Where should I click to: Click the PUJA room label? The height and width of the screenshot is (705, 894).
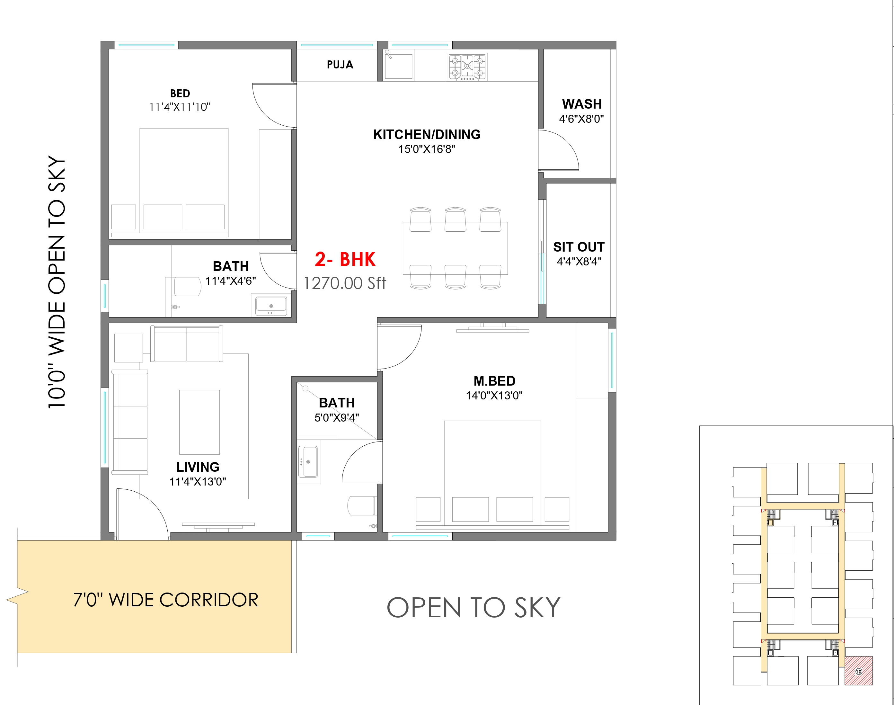(340, 65)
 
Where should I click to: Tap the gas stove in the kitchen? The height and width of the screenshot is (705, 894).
(467, 66)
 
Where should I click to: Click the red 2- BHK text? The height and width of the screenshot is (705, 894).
(345, 260)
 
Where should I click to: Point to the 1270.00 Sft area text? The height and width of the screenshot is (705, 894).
(345, 283)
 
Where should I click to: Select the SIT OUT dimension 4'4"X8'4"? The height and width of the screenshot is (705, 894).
(579, 261)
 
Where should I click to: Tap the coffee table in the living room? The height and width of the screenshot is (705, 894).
(199, 422)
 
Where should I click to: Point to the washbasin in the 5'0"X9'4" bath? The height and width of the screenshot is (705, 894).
(308, 461)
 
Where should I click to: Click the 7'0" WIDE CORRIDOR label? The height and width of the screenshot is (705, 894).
(166, 600)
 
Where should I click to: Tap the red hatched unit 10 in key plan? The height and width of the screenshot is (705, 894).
(859, 671)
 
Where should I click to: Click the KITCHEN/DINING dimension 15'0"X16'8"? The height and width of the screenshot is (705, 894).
(427, 149)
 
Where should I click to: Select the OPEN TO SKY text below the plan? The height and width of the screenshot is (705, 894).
(474, 608)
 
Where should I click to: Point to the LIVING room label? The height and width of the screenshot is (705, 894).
(198, 467)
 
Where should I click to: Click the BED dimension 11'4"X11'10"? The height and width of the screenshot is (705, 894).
(180, 107)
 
